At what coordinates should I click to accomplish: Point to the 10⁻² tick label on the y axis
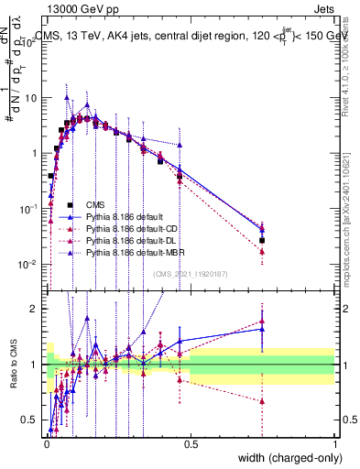[30, 265]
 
